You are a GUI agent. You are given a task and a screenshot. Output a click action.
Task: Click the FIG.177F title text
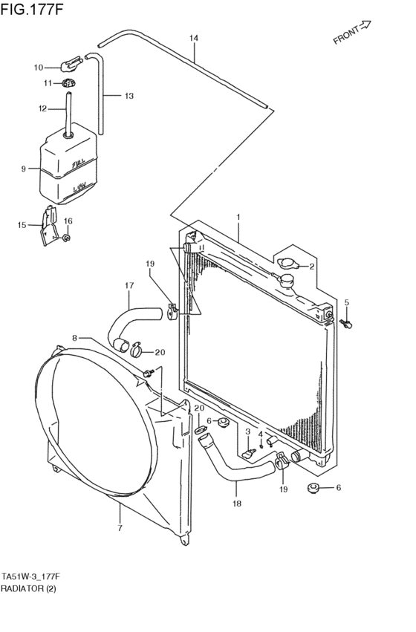(x=32, y=9)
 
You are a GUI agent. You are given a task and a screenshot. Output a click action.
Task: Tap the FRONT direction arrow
(x=365, y=25)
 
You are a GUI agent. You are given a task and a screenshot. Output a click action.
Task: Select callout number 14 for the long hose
(x=194, y=39)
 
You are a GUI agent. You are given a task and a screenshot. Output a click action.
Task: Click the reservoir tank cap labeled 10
(x=72, y=63)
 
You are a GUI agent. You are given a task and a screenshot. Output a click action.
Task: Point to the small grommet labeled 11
(x=70, y=83)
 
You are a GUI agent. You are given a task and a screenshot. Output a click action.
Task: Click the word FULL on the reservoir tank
(x=78, y=164)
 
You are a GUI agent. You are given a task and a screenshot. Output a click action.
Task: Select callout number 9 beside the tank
(x=23, y=169)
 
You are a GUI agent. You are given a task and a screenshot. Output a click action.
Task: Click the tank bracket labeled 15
(x=49, y=225)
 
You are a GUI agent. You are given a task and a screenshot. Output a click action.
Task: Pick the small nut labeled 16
(x=68, y=238)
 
